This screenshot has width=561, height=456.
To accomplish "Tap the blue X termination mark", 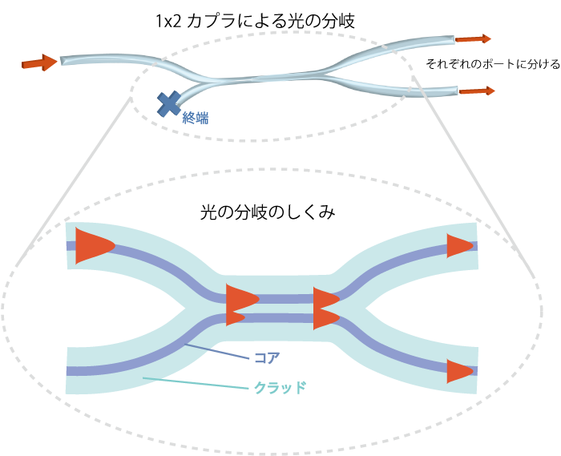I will tap(169, 103).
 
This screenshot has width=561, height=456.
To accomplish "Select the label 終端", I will tap(195, 118).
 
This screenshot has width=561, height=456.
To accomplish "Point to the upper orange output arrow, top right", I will tap(474, 38).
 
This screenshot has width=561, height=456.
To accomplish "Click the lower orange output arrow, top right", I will tap(478, 91).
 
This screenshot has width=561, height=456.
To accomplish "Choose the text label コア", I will tap(266, 357).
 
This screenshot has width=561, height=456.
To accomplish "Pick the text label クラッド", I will tap(280, 388).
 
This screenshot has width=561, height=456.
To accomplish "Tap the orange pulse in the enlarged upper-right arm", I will tap(459, 245).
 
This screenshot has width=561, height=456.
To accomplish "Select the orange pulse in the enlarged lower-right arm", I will tap(460, 371).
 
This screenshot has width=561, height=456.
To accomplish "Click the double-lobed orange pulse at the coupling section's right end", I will tap(325, 308).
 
